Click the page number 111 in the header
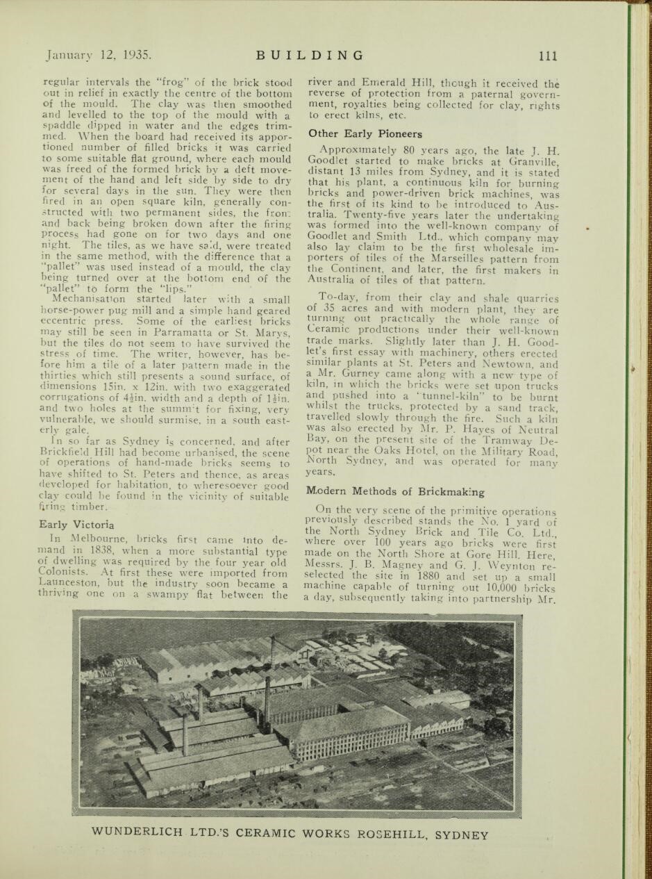click(548, 56)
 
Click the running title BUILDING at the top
click(309, 56)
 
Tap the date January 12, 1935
click(98, 56)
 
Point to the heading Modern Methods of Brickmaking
click(396, 491)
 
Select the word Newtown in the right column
click(510, 364)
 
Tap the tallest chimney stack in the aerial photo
click(267, 702)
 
